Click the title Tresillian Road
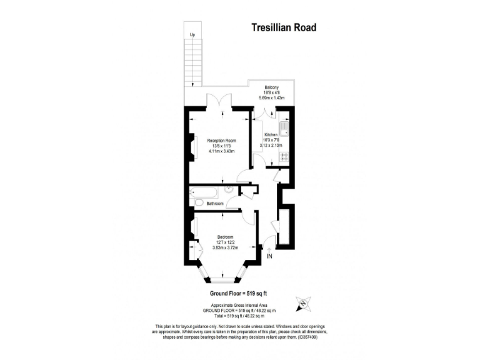click(283, 27)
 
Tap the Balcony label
click(271, 87)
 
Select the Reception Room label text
click(221, 141)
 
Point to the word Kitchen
click(270, 134)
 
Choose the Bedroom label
click(225, 237)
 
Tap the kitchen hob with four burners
click(284, 156)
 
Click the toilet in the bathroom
click(199, 203)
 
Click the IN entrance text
click(269, 256)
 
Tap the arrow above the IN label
click(269, 244)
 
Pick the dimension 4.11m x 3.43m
click(221, 152)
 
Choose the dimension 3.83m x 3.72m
click(225, 248)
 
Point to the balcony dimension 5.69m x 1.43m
click(271, 98)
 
